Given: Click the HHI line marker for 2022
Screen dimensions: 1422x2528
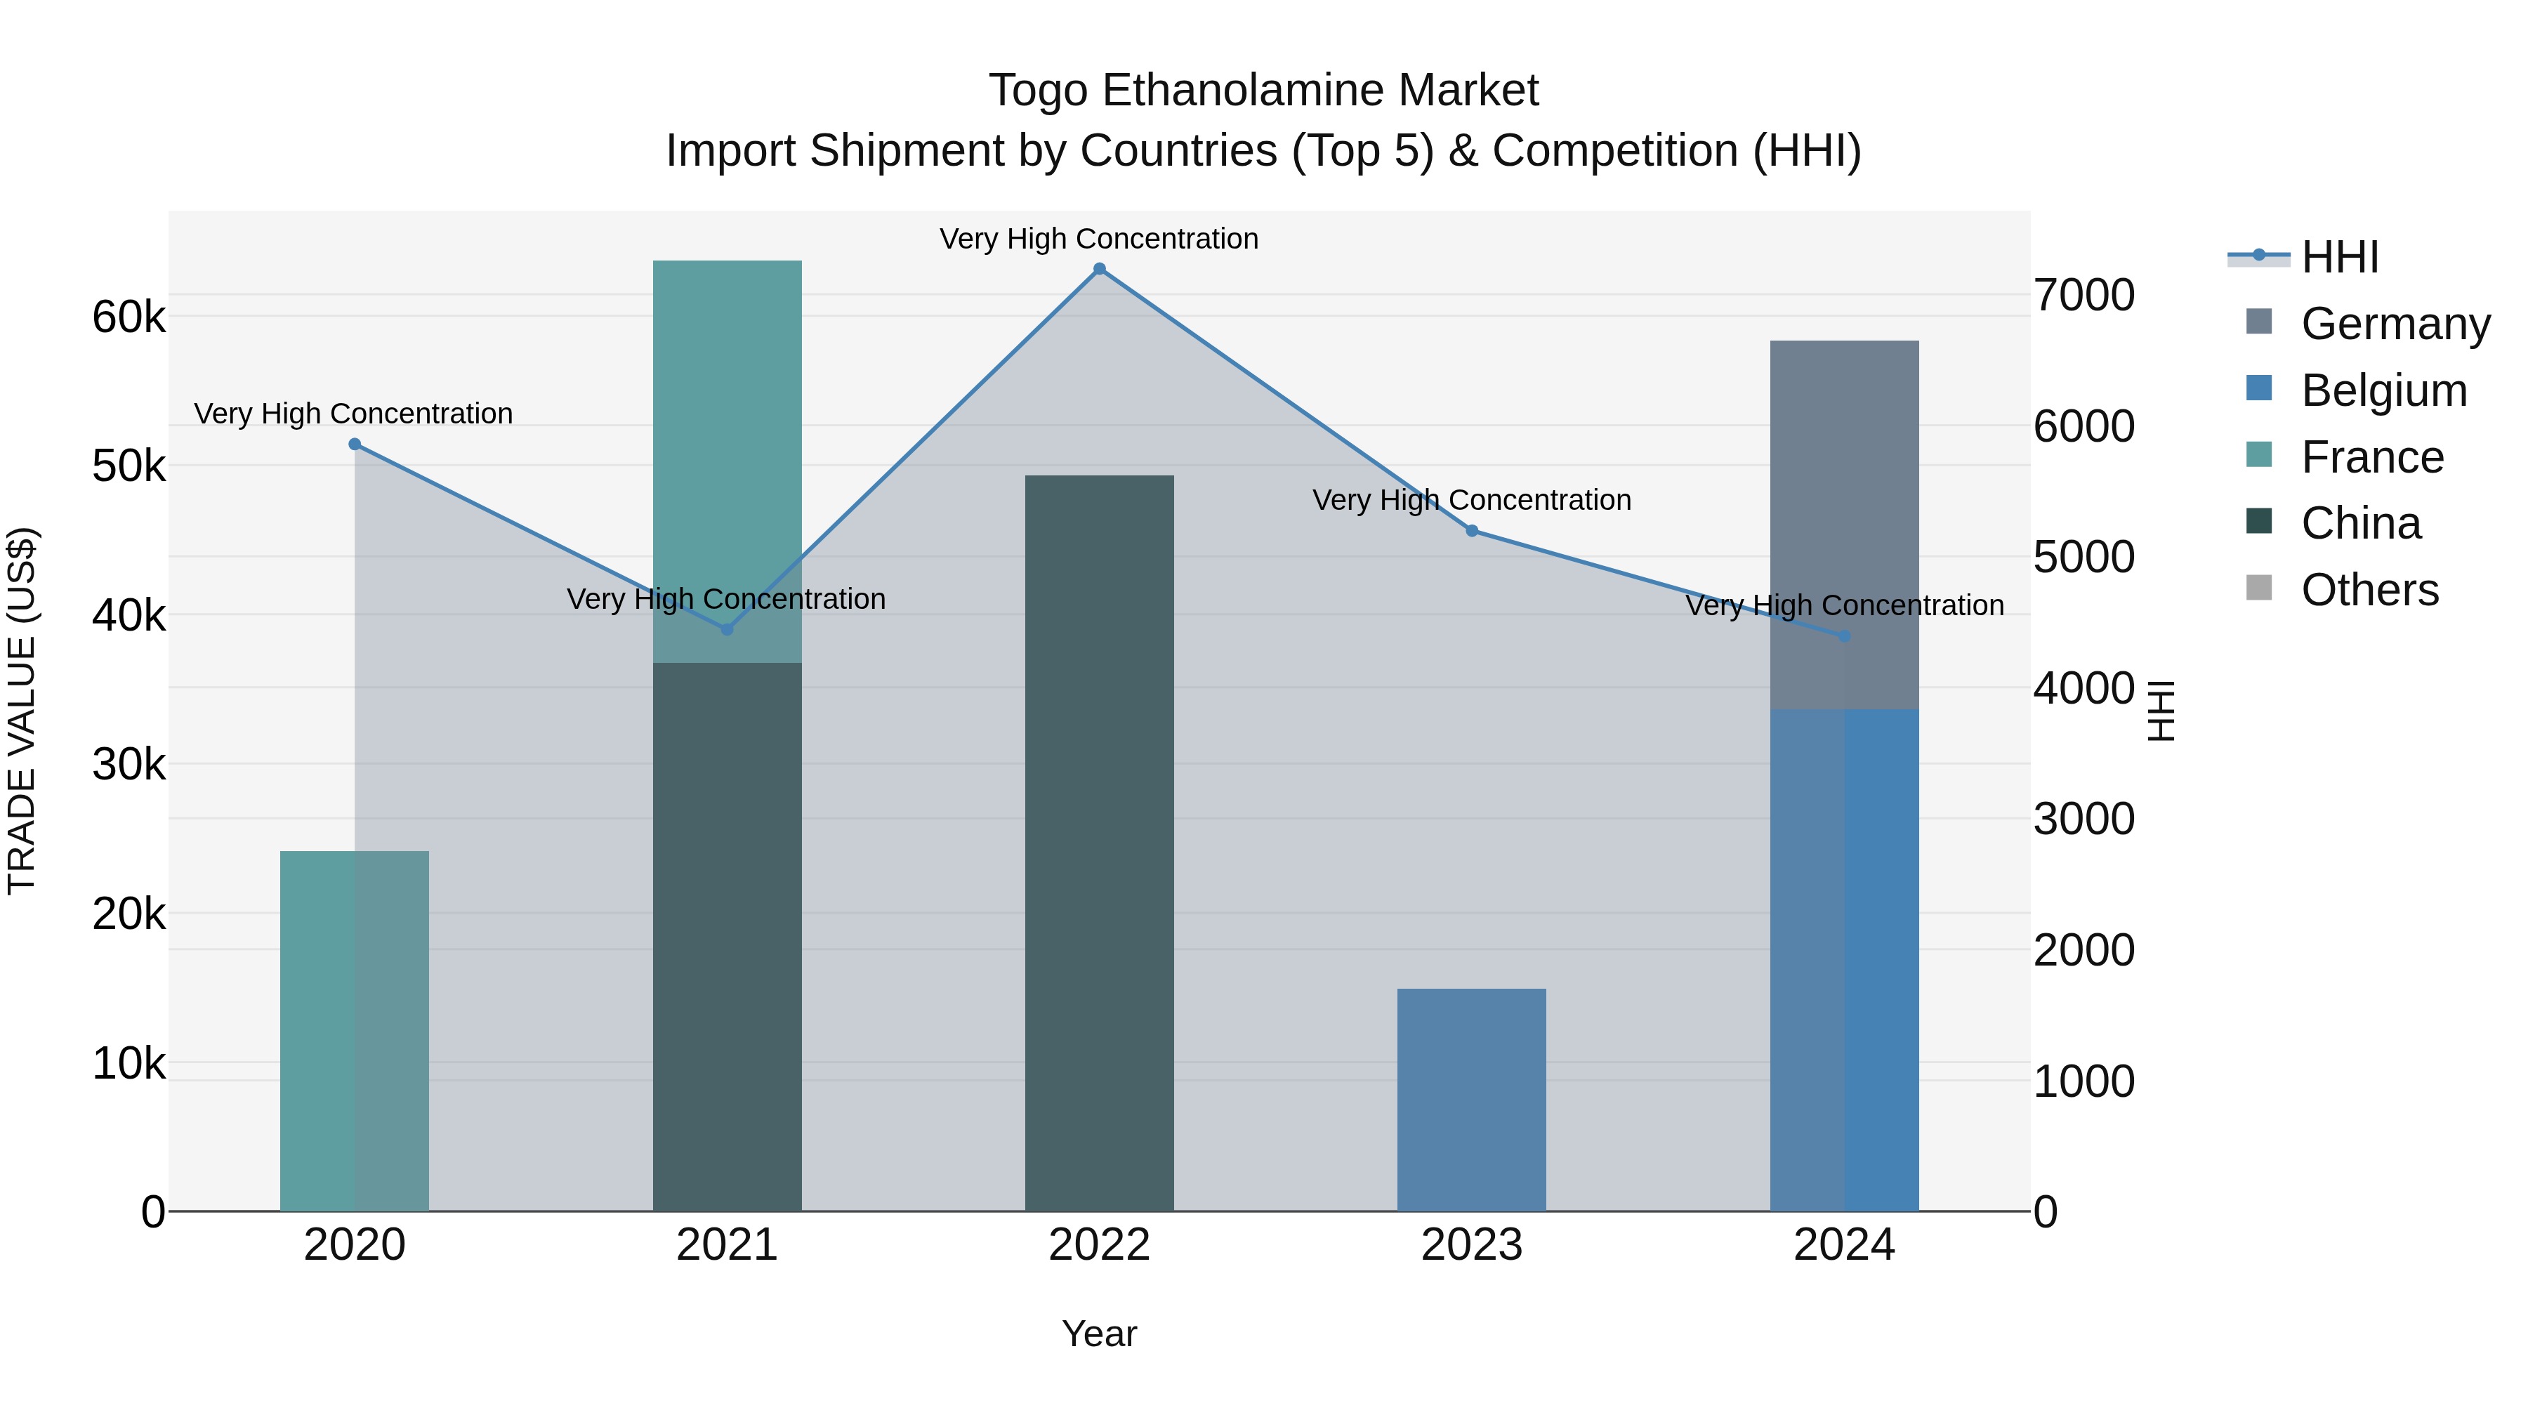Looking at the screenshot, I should (1099, 269).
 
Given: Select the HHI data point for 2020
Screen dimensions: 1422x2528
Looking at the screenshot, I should (355, 445).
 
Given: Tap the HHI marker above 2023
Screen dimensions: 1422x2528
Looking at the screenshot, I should (1472, 531).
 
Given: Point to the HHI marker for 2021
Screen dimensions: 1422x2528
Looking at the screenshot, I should (728, 629).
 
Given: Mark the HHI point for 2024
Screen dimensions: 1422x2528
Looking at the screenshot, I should (1844, 637).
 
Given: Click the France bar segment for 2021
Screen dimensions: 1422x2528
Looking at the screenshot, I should (728, 461).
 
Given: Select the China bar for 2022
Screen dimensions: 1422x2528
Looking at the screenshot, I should (1099, 844).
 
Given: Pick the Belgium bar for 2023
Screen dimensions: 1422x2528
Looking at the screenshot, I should (1472, 1099).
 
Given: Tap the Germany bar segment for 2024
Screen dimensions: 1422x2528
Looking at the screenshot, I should (1844, 525).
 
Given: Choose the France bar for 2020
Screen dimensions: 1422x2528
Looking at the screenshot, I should (355, 1030).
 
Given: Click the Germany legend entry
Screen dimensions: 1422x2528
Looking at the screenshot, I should (2395, 324).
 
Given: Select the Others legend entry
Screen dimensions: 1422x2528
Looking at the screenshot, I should (2369, 590).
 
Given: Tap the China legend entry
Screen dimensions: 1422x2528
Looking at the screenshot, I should (2360, 523).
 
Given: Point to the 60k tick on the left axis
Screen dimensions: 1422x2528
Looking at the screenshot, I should (129, 317).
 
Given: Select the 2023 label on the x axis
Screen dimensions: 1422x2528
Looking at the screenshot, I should (1472, 1245).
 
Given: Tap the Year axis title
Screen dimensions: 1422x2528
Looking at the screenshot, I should (1099, 1334).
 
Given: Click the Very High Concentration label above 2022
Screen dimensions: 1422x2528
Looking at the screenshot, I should (1099, 239).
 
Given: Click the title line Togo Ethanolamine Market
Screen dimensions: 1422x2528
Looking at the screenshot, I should (1263, 91).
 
